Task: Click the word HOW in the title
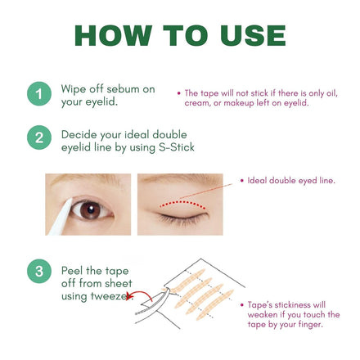[x=113, y=35]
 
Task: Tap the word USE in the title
[x=253, y=35]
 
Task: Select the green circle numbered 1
[x=39, y=94]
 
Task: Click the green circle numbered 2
[x=39, y=137]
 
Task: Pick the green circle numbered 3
[x=39, y=271]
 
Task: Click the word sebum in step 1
[x=123, y=89]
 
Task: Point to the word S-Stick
[x=177, y=147]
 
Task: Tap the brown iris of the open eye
[x=90, y=210]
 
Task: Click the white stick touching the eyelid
[x=61, y=217]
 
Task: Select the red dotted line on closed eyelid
[x=182, y=203]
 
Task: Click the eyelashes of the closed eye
[x=182, y=218]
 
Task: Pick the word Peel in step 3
[x=72, y=271]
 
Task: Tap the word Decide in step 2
[x=79, y=135]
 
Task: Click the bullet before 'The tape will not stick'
[x=179, y=93]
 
